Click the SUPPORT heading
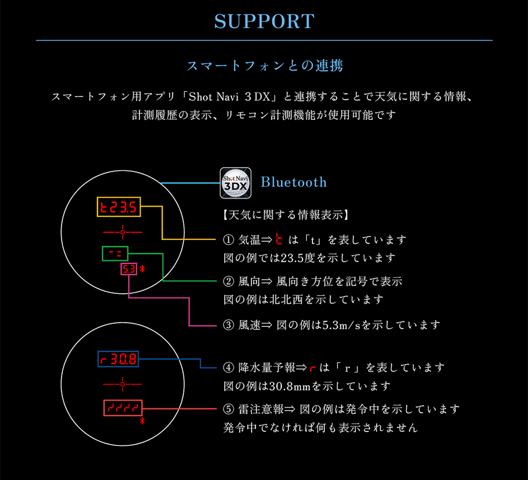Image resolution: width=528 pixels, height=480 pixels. pos(265,22)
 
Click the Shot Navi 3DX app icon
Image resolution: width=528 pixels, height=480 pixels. pos(235,183)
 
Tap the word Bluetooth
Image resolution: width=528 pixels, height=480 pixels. pos(294,182)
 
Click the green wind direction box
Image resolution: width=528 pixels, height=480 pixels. pos(102,253)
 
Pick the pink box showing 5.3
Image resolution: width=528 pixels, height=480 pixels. pos(121,269)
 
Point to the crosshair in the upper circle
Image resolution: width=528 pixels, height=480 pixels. pos(123,232)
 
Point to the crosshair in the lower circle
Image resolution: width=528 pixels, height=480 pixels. pos(123,384)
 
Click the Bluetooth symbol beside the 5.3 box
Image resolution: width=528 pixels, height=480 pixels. pos(142,269)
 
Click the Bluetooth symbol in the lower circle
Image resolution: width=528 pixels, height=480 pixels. pos(142,420)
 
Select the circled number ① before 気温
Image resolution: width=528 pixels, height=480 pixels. pos(228,239)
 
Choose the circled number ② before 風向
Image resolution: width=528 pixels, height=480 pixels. pos(228,281)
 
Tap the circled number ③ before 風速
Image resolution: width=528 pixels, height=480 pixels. pos(228,325)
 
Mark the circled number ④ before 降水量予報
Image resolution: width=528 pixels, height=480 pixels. pos(228,367)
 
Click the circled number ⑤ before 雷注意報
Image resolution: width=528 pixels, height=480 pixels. pos(228,409)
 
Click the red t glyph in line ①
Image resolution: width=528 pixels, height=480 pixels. pos(279,238)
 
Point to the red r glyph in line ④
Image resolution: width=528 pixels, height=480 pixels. pos(313,368)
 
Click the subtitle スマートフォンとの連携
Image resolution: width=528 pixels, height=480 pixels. pos(265,65)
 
